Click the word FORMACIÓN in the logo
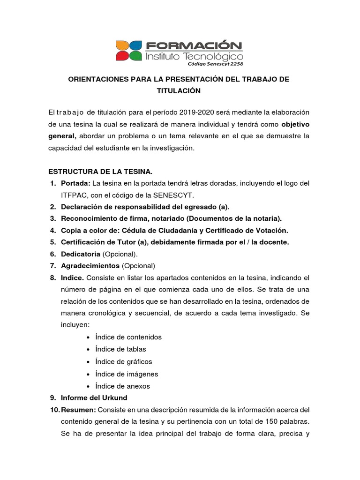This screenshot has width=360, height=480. [x=194, y=45]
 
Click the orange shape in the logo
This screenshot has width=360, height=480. [x=123, y=45]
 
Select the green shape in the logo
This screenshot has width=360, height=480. [x=135, y=56]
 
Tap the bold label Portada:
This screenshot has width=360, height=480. [x=76, y=183]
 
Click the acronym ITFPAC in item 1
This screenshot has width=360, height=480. [x=74, y=195]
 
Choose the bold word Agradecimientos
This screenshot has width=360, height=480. [x=90, y=265]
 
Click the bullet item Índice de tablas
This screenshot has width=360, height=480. [x=120, y=349]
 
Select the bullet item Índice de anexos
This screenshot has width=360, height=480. [x=122, y=386]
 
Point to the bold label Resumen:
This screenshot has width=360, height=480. [x=79, y=410]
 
